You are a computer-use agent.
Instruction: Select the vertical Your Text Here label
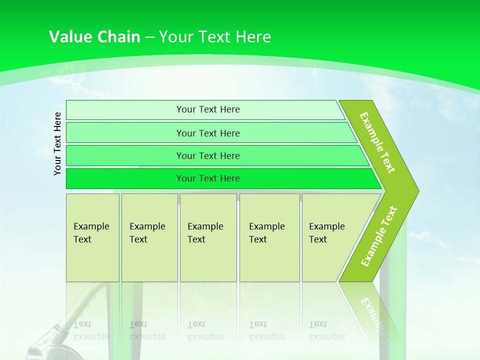point(57,143)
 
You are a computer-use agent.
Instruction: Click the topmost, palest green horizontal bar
point(205,109)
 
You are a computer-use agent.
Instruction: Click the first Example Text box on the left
point(92,237)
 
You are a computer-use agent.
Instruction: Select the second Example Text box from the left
point(149,237)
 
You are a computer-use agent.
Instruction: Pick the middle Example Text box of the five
point(208,237)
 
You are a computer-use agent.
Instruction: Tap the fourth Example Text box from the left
point(269,237)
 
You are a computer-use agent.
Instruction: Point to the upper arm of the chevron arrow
point(377,142)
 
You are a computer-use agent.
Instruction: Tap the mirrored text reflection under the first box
point(91,330)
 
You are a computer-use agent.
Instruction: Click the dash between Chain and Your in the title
point(149,37)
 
